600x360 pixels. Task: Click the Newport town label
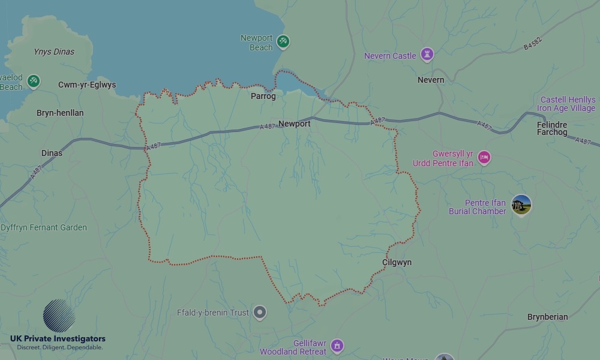coord(295,124)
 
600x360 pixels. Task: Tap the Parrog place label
coord(263,96)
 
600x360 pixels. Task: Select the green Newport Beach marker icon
coord(283,42)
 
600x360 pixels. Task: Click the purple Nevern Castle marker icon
coord(427,55)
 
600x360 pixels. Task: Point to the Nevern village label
coord(431,80)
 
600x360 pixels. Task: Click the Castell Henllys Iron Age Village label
coord(567,104)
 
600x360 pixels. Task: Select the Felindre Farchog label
coord(552,128)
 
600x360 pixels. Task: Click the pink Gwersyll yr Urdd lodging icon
coord(484,158)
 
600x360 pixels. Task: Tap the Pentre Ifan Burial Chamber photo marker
coord(521,205)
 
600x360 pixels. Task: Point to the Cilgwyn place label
coord(397,263)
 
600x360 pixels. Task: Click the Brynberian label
coord(547,317)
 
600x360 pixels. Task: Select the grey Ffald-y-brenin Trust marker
coord(259,312)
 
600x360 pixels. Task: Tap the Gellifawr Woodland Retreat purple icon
coord(337,346)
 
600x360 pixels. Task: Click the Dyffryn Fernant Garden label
coord(44,228)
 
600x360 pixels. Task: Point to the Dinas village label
coord(52,153)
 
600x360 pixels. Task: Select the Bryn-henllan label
coord(60,113)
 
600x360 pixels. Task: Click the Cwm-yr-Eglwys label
coord(87,85)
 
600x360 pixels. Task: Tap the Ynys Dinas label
coord(54,52)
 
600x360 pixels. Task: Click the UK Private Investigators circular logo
coord(59,316)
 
